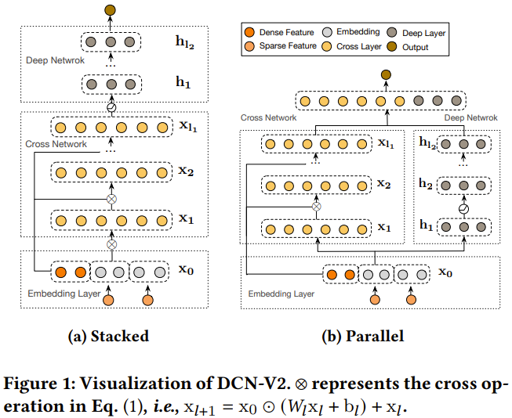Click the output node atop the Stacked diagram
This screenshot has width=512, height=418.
(x=110, y=10)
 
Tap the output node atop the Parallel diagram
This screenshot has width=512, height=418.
(x=386, y=74)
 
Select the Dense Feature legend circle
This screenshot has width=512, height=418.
(x=249, y=32)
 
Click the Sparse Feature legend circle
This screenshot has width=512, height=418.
(x=249, y=46)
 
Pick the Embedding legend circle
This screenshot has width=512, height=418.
(x=327, y=32)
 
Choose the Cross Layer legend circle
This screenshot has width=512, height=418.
(x=327, y=46)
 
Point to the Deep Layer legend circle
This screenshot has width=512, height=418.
(x=392, y=32)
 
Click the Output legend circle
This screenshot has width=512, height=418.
(x=392, y=47)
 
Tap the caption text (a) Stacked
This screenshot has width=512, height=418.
(x=108, y=336)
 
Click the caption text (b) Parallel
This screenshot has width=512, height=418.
(x=363, y=336)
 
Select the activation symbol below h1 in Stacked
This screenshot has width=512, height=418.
(x=111, y=107)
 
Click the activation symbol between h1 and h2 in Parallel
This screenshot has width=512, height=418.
(x=463, y=209)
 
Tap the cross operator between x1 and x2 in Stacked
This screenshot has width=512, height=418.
(x=111, y=199)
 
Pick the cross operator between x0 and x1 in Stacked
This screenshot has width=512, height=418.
(x=111, y=244)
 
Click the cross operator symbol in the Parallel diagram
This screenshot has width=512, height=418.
(x=316, y=207)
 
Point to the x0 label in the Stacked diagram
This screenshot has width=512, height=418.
(x=186, y=269)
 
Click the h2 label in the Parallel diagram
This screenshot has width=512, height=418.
(x=426, y=184)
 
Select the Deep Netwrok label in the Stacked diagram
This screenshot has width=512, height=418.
(x=55, y=60)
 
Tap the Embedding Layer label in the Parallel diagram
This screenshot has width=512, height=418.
(x=281, y=294)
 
